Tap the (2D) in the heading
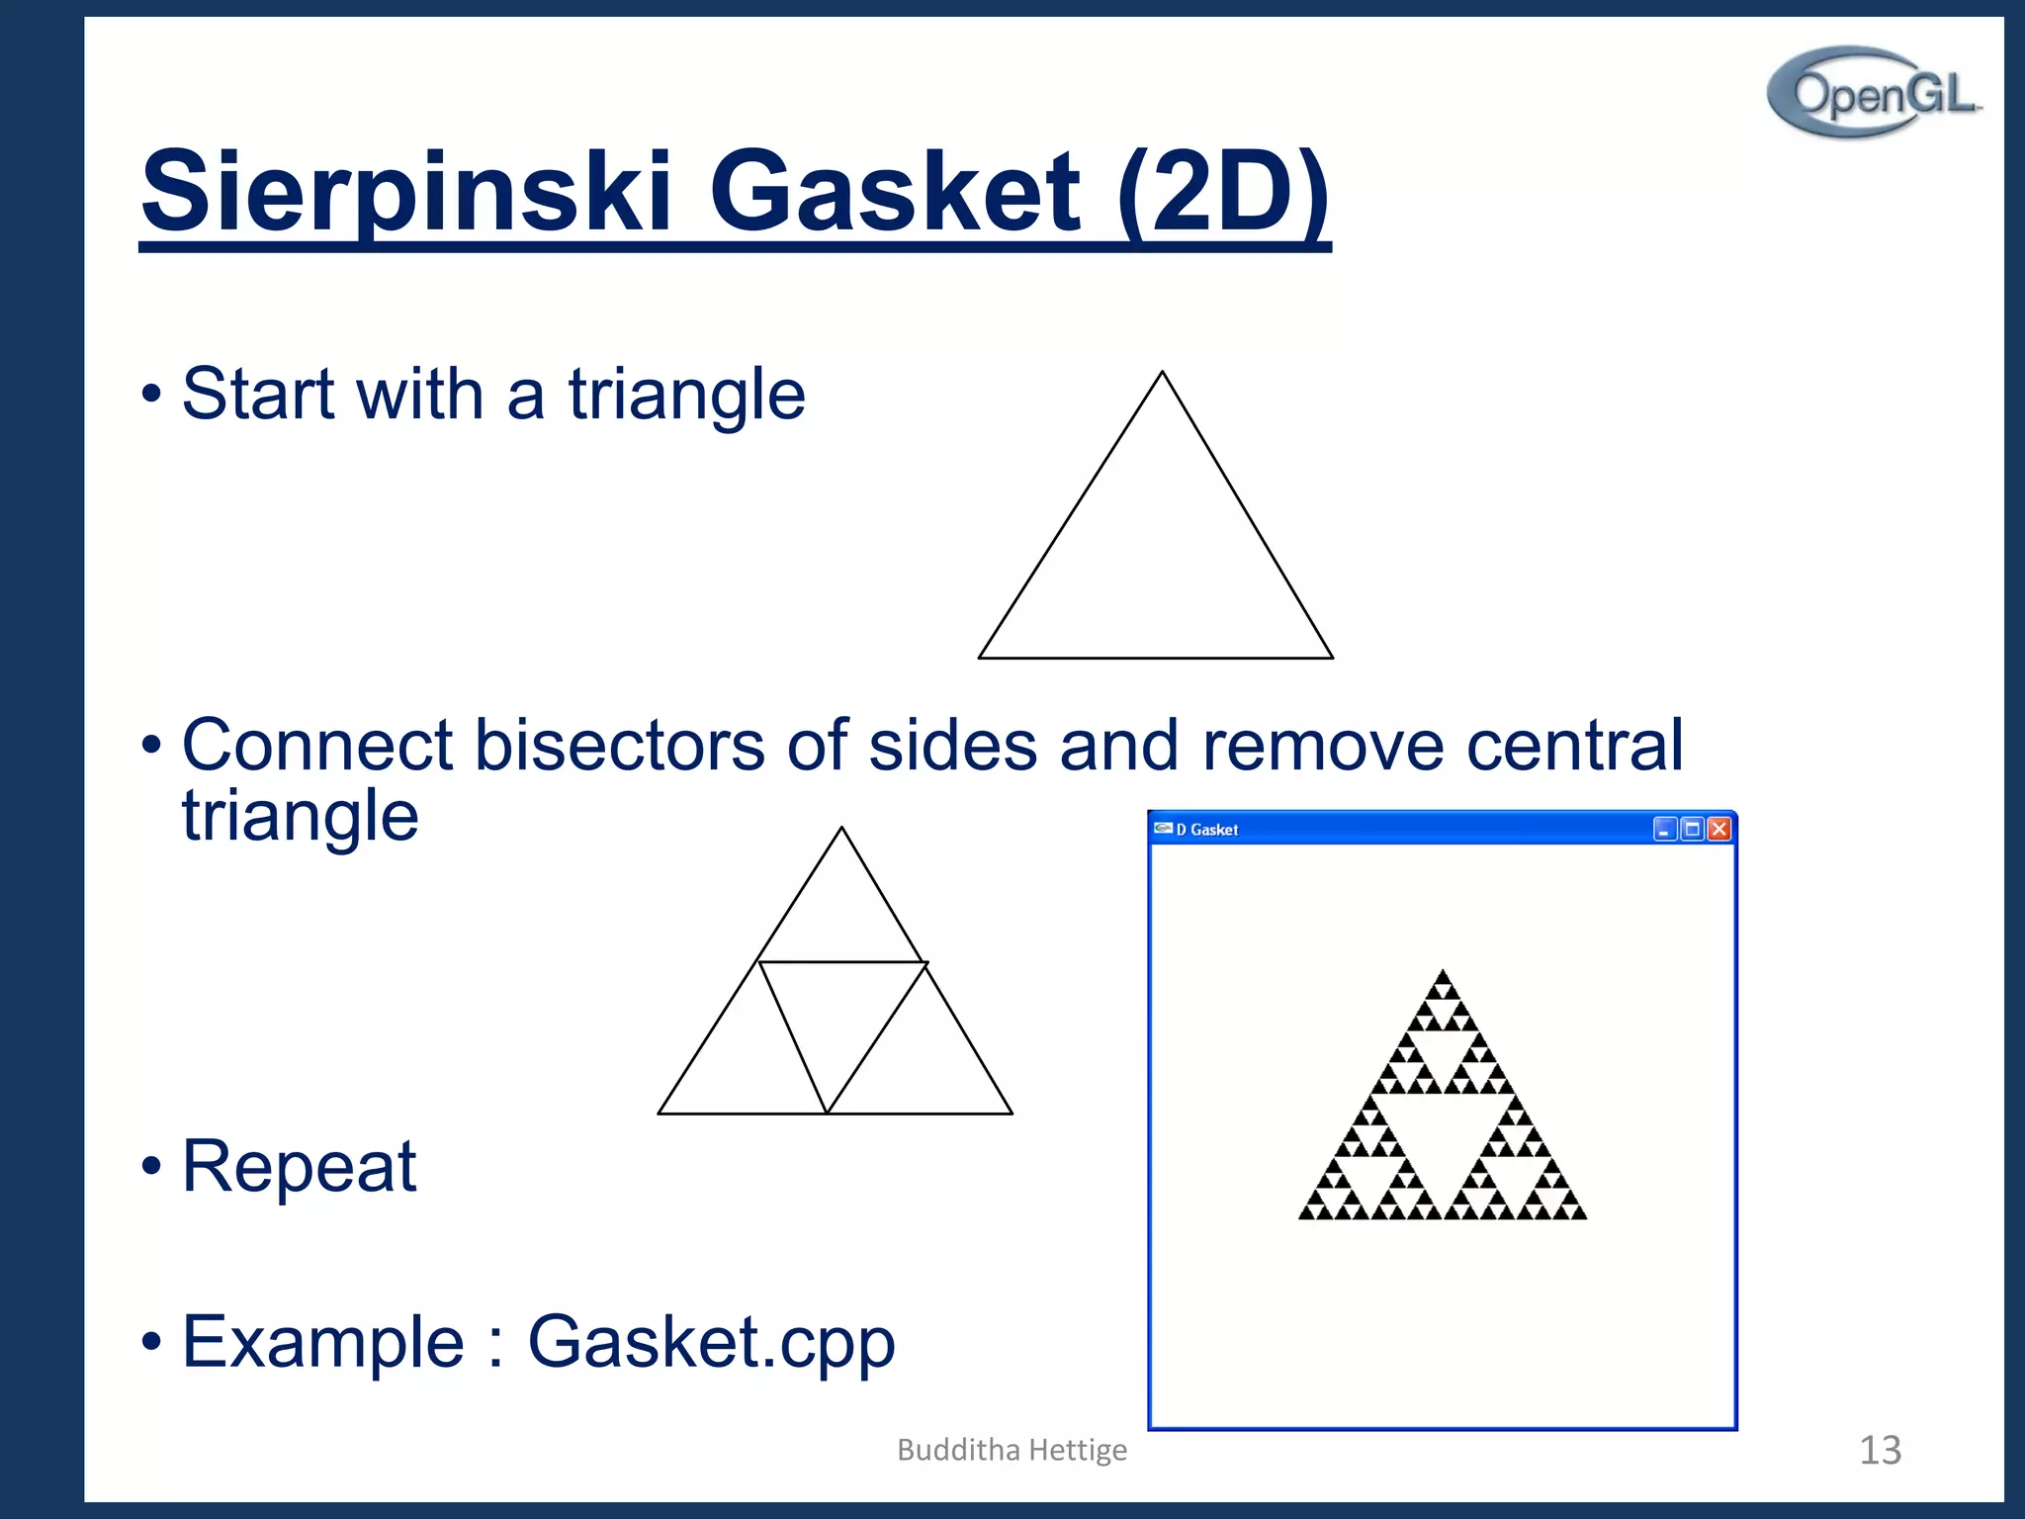coord(1223,191)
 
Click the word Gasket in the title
coord(894,191)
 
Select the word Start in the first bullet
coord(259,394)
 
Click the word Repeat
coord(299,1166)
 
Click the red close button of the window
coord(1719,829)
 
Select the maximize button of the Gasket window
coord(1692,829)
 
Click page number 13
coord(1880,1450)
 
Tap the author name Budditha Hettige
coord(1012,1450)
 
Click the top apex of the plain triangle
coord(1162,373)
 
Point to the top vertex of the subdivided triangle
coord(841,829)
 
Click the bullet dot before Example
coord(150,1342)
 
